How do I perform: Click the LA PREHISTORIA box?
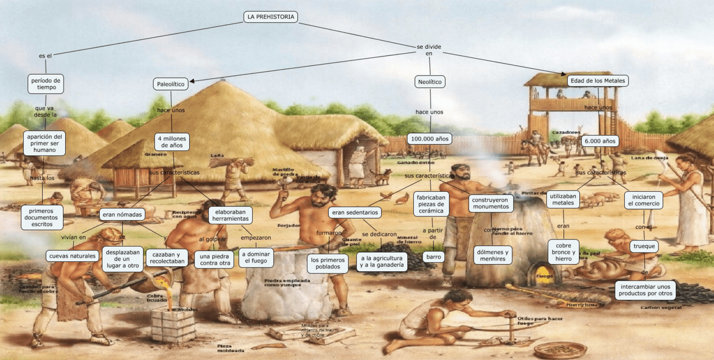[271, 17]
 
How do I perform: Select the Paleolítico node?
[171, 84]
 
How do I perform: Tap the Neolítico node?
[429, 82]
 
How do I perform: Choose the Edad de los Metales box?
[597, 81]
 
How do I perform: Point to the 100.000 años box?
[429, 139]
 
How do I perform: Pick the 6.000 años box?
[600, 141]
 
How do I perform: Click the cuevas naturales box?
[72, 256]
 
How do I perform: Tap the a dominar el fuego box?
[255, 258]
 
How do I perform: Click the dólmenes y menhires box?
[493, 255]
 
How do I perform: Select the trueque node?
[644, 246]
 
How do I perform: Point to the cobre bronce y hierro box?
[563, 252]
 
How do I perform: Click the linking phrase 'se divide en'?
[429, 50]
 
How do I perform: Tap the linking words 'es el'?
[45, 56]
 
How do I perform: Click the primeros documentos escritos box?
[42, 217]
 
